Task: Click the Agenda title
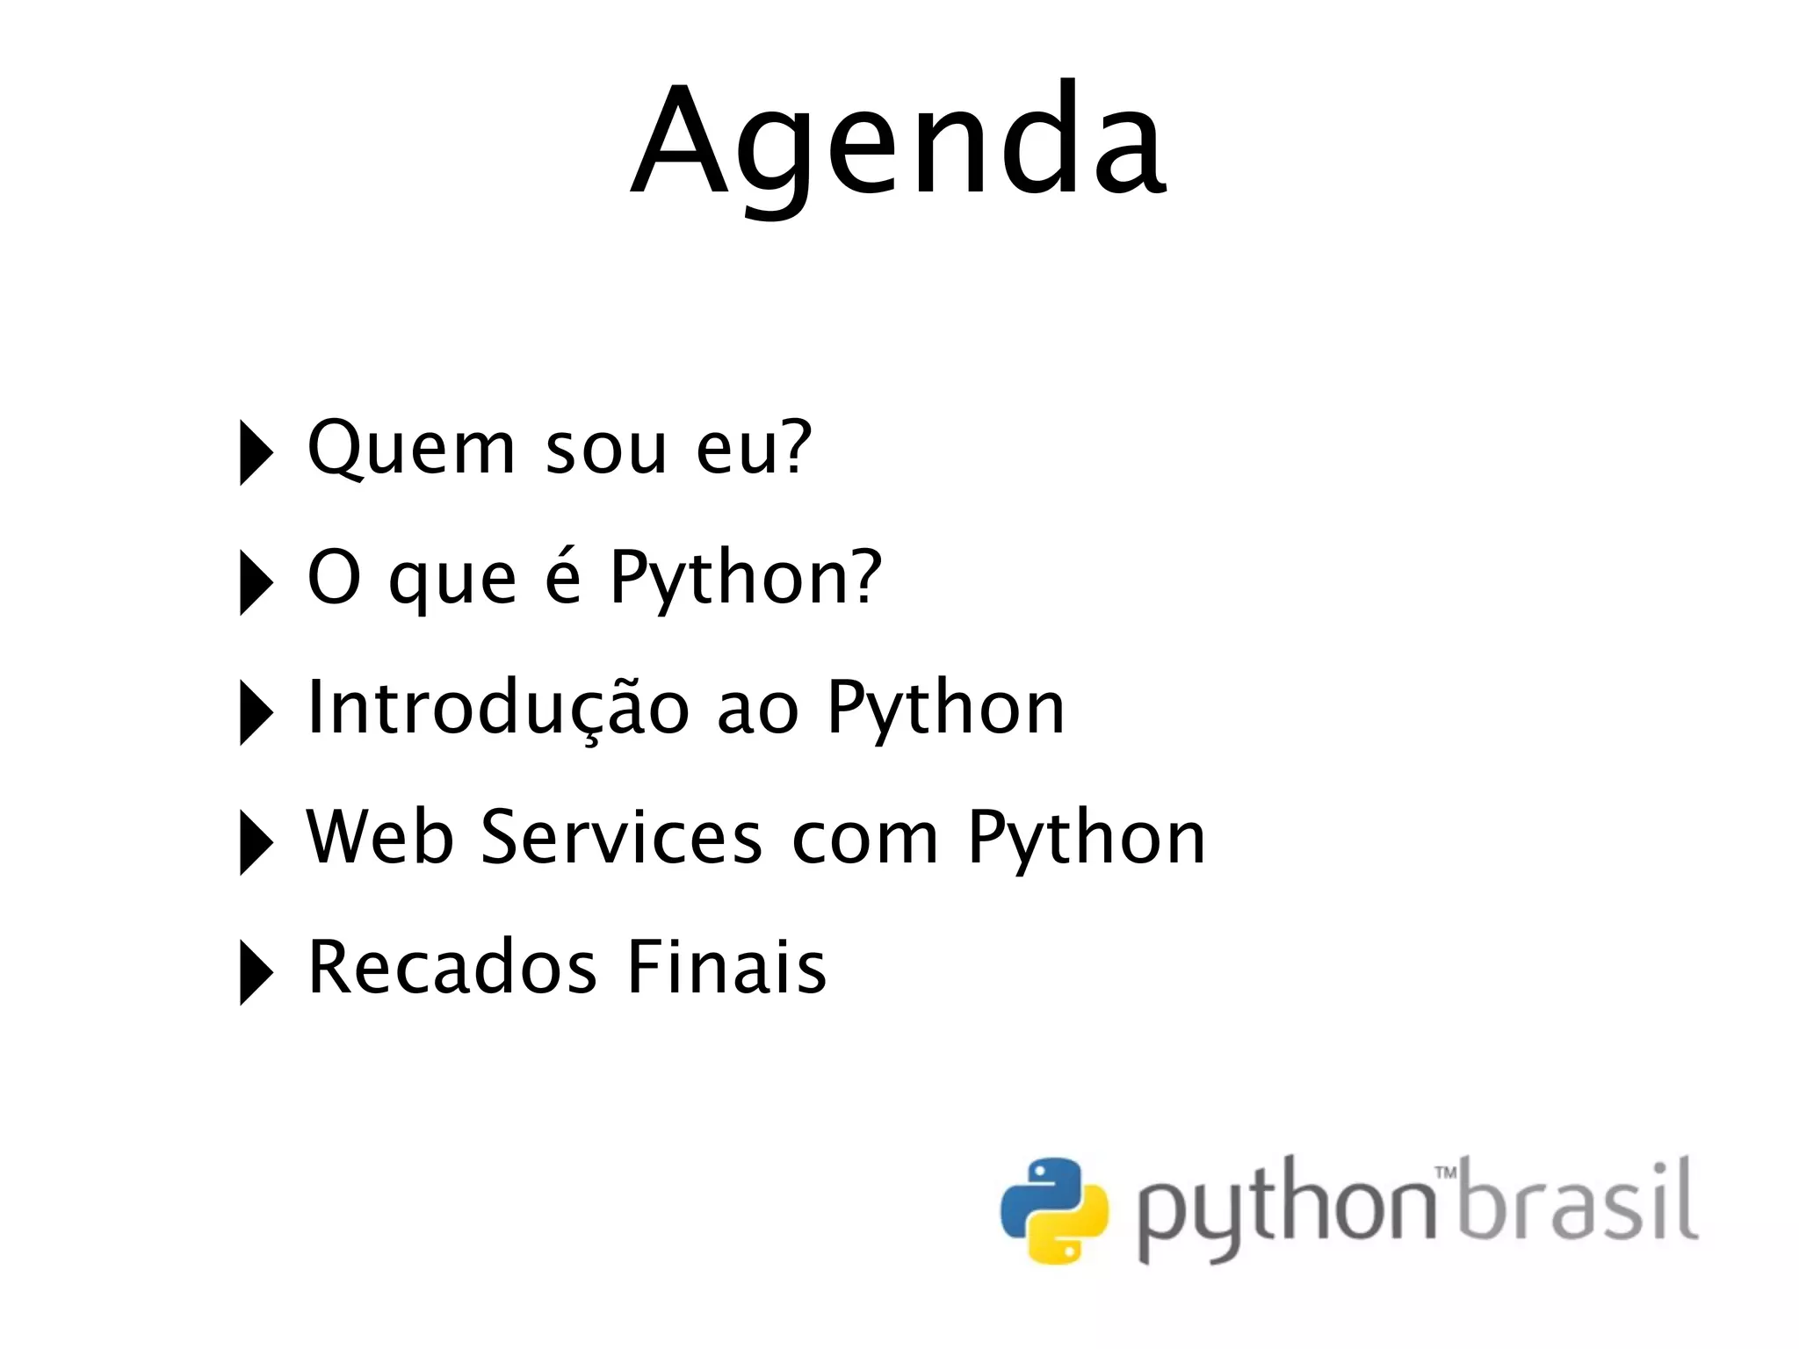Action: [x=898, y=141]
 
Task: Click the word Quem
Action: [x=410, y=448]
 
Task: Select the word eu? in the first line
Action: [x=754, y=448]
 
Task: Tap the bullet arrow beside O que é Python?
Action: [x=256, y=583]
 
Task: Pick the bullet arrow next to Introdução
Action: [x=256, y=713]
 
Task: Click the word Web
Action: [x=379, y=837]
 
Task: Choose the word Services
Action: [x=622, y=837]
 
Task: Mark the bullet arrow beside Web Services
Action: [x=256, y=843]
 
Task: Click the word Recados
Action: [x=452, y=967]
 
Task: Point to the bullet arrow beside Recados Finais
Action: [x=256, y=973]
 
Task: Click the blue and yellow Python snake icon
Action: [x=1054, y=1209]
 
